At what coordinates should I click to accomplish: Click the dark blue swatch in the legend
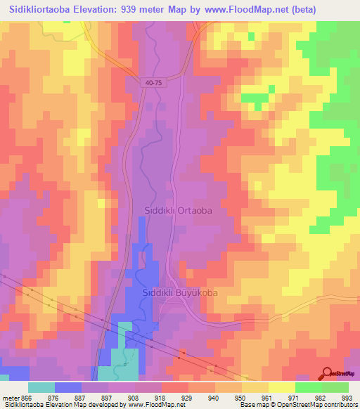(68, 387)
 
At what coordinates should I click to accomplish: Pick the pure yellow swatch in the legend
(282, 387)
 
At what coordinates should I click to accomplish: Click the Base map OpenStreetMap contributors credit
(297, 405)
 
